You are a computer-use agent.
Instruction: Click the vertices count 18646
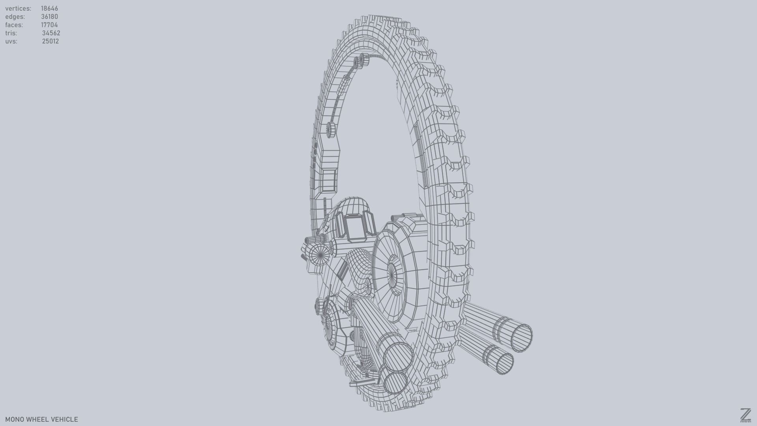click(x=49, y=8)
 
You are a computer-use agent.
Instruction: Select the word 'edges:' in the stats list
click(x=15, y=17)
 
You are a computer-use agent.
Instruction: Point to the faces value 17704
click(x=49, y=25)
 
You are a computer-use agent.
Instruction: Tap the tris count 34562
click(x=51, y=33)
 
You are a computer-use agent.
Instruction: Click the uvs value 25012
click(x=50, y=41)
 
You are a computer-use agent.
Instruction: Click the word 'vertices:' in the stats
click(x=18, y=8)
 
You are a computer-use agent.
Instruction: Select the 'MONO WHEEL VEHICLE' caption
click(x=41, y=419)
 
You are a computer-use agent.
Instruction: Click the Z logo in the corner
click(x=746, y=415)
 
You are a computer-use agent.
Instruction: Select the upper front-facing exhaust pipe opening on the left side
click(x=398, y=357)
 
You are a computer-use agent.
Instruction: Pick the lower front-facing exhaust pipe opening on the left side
click(x=395, y=383)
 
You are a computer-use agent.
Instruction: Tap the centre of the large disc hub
click(x=392, y=272)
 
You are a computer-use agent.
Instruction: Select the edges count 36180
click(x=49, y=17)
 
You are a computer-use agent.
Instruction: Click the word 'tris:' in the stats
click(x=11, y=33)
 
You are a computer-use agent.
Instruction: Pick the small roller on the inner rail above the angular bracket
click(x=330, y=129)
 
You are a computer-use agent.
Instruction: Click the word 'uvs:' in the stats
click(x=11, y=41)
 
